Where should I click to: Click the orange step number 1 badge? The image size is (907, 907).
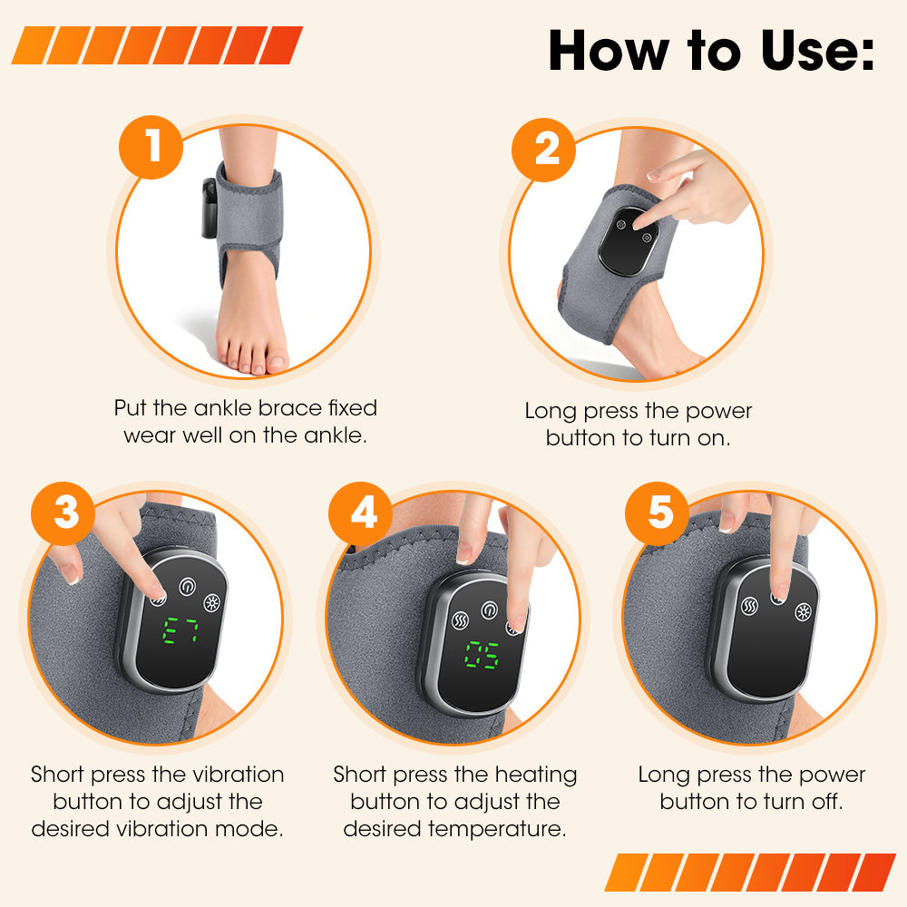[x=152, y=145]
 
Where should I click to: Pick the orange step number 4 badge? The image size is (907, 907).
[x=363, y=512]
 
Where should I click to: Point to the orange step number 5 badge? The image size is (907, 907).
[x=660, y=512]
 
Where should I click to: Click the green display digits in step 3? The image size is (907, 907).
[x=180, y=632]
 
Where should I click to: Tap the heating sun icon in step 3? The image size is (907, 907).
[x=214, y=603]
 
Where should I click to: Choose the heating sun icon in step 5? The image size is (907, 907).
[x=803, y=612]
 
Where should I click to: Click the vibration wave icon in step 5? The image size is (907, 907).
[x=750, y=605]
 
